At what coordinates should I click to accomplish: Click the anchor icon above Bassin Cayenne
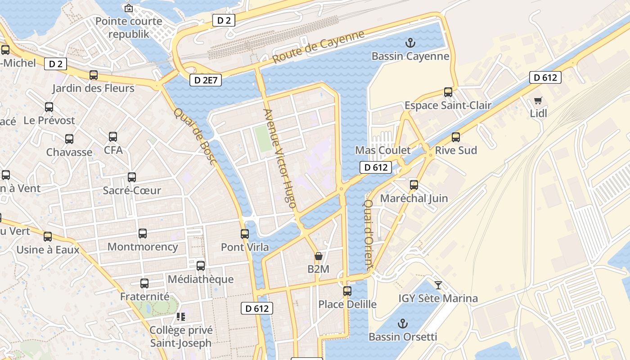click(x=410, y=43)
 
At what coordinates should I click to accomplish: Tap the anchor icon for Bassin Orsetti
click(x=403, y=324)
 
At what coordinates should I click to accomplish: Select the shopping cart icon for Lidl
click(x=538, y=100)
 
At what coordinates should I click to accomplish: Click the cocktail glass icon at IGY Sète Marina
click(x=438, y=285)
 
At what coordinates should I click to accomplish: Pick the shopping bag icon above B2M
click(x=319, y=256)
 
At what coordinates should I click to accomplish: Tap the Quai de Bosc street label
click(x=196, y=136)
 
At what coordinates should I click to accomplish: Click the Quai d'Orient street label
click(x=368, y=234)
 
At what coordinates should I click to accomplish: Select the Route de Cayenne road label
click(x=318, y=47)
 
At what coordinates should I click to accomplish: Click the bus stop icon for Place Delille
click(x=347, y=291)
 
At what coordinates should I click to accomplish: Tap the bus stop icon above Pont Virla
click(x=245, y=234)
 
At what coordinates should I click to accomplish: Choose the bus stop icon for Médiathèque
click(x=201, y=266)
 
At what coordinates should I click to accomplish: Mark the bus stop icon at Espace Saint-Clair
click(x=448, y=92)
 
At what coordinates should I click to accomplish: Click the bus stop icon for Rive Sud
click(x=456, y=137)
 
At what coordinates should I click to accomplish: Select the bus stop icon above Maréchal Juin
click(x=414, y=185)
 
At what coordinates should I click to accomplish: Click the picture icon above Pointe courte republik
click(x=129, y=8)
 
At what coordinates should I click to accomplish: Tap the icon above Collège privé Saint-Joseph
click(x=181, y=317)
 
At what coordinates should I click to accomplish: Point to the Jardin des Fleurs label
click(x=93, y=88)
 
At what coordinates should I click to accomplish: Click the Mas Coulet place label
click(x=383, y=150)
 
